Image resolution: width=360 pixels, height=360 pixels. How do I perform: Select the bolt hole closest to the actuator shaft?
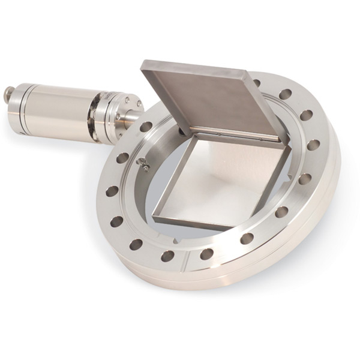146,127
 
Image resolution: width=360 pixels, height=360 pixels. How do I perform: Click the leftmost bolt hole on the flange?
112,191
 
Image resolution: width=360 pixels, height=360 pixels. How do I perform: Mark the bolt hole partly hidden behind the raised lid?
257,83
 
